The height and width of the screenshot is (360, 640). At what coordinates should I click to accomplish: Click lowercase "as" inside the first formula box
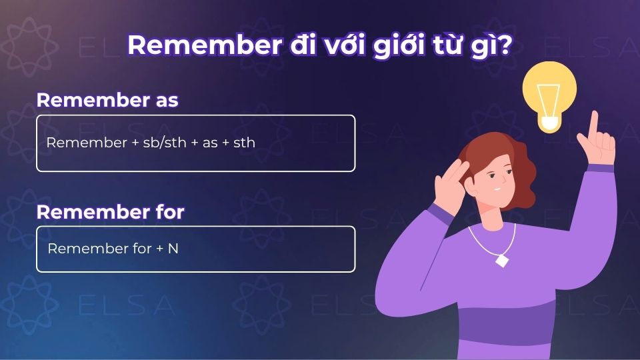click(x=210, y=143)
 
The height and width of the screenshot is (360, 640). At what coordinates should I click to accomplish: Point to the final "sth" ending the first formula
click(x=244, y=143)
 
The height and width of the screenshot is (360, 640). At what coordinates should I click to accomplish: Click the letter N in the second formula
click(x=173, y=249)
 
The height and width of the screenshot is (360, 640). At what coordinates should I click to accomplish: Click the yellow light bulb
click(x=549, y=93)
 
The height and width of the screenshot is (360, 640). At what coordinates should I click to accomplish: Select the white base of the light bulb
click(x=549, y=123)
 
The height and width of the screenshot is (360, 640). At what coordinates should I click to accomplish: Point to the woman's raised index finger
click(x=593, y=123)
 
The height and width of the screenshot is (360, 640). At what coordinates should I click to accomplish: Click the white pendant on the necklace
click(x=501, y=259)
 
